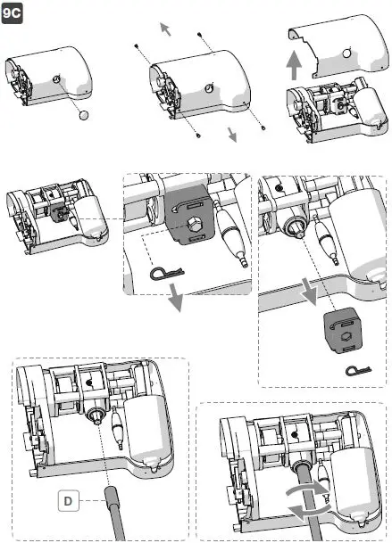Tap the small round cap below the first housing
click(x=83, y=115)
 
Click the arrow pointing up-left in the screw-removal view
click(x=165, y=29)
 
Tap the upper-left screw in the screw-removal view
click(x=135, y=44)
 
